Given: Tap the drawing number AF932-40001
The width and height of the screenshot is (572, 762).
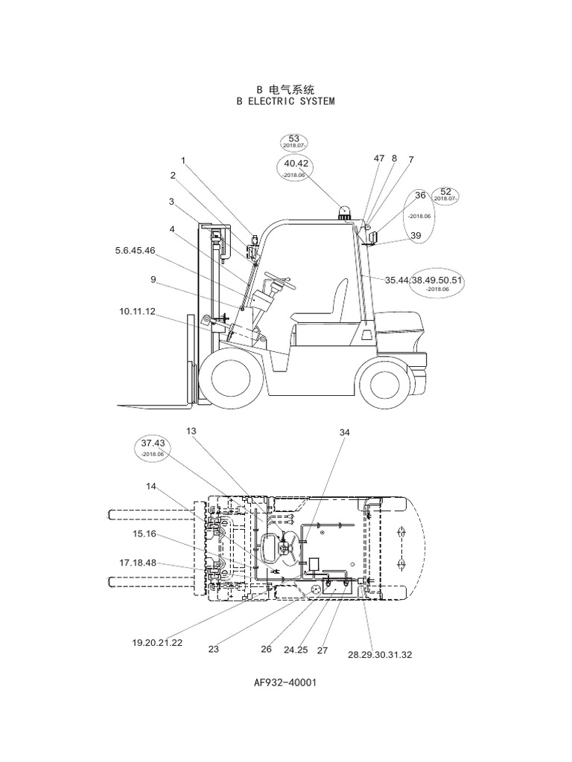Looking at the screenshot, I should (286, 682).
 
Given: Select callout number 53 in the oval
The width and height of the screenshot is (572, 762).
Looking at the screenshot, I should (293, 139).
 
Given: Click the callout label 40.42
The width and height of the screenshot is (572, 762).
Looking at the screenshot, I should (296, 163).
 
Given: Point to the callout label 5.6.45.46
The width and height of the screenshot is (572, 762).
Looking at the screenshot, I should (135, 251).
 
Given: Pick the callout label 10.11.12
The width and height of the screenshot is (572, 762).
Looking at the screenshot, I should (137, 311).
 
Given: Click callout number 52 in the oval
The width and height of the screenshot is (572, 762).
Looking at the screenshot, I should (446, 192).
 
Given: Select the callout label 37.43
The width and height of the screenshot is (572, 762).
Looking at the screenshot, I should (152, 444).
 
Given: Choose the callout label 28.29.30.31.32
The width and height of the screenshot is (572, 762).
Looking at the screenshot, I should (380, 655).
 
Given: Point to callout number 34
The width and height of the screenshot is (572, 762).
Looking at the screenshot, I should (344, 432).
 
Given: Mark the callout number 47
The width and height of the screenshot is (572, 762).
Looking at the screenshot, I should (379, 159).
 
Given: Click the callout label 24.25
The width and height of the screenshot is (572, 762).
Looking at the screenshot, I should (296, 650).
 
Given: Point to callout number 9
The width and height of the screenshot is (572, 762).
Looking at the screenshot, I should (153, 280).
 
